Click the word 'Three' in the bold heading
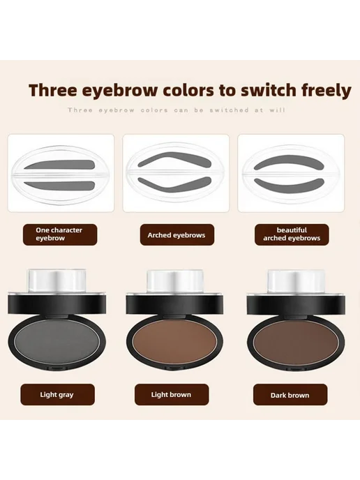[52, 90]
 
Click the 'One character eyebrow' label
[60, 234]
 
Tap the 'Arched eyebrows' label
[177, 235]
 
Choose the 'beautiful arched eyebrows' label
[292, 234]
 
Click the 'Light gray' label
[57, 395]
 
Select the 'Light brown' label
[172, 395]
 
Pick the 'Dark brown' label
[290, 395]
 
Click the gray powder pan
[57, 340]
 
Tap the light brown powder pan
[175, 340]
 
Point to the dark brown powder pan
[297, 340]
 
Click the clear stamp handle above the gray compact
[57, 282]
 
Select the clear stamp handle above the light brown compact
[175, 282]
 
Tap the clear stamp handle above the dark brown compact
[295, 282]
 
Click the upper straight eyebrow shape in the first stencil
[60, 165]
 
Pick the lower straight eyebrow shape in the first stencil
[60, 186]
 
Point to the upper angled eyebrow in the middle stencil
[174, 160]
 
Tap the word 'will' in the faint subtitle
[278, 110]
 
